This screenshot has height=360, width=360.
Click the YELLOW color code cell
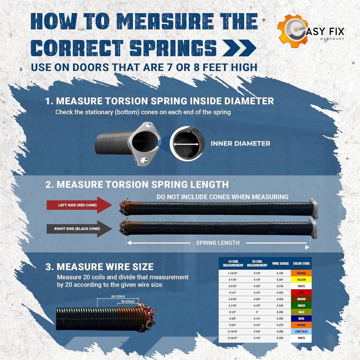pyautogui.click(x=301, y=280)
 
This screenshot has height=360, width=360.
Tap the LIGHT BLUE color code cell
pyautogui.click(x=301, y=332)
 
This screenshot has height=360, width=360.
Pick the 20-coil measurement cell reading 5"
pyautogui.click(x=257, y=312)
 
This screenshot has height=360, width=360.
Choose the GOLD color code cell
pyautogui.click(x=301, y=312)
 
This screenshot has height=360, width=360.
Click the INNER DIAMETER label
pyautogui.click(x=240, y=143)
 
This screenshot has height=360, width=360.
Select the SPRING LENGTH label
pyautogui.click(x=218, y=243)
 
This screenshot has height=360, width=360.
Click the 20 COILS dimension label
pyautogui.click(x=118, y=296)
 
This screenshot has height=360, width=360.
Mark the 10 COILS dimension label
pyautogui.click(x=127, y=302)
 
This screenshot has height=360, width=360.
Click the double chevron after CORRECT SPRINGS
pyautogui.click(x=239, y=48)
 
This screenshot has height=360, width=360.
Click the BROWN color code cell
pyautogui.click(x=301, y=299)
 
